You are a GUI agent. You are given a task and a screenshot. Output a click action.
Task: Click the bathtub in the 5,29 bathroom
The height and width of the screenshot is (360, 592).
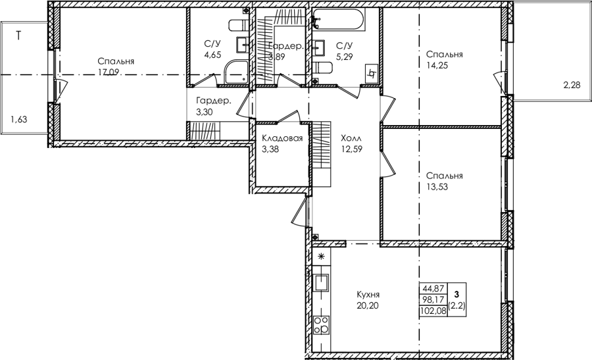coord(339,19)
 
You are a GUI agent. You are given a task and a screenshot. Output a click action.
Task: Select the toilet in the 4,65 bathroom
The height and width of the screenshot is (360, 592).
coord(239,26)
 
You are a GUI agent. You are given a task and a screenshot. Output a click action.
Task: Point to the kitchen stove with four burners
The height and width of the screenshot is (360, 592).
coord(321,325)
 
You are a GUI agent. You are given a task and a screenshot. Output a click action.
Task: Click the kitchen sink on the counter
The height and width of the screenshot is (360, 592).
coord(321,282)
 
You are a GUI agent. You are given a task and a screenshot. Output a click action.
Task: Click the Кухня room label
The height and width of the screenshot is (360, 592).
coord(368,294)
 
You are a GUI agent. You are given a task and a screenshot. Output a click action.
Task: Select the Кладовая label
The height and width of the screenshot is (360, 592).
coord(282,138)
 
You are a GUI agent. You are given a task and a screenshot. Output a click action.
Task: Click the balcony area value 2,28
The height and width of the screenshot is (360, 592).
coord(572,86)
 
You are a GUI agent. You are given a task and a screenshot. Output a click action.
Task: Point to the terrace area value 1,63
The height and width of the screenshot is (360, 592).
coord(19,120)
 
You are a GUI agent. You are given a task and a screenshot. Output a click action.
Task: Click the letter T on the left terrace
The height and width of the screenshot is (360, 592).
coord(18,36)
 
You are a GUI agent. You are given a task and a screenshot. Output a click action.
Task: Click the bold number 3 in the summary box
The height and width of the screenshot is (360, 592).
coord(457,294)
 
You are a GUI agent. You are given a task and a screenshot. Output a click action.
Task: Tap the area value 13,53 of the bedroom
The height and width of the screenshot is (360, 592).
coord(437,187)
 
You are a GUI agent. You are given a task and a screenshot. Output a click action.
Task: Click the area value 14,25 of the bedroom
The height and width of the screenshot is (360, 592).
coord(437,65)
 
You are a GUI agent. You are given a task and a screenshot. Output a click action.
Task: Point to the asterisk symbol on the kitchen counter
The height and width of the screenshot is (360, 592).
coord(321,257)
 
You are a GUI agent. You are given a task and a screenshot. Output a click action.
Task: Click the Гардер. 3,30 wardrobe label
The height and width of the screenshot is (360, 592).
coord(214,107)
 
